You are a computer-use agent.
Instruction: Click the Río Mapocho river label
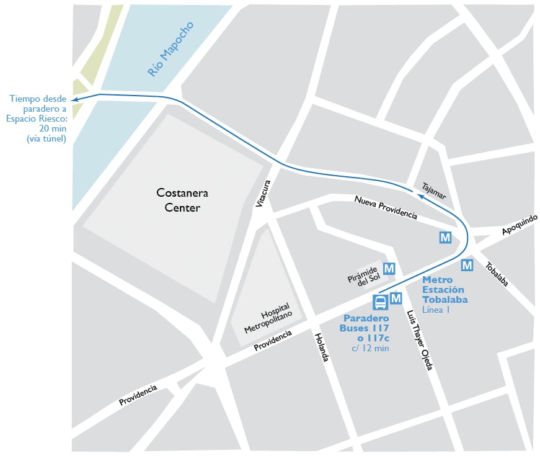[170, 50]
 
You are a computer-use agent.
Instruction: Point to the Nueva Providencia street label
[385, 206]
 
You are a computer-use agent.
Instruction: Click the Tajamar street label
[434, 189]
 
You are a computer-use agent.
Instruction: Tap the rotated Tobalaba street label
[497, 273]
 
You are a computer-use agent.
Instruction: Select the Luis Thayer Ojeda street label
[418, 341]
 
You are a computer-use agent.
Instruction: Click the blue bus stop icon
[380, 302]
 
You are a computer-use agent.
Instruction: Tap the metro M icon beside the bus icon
[396, 299]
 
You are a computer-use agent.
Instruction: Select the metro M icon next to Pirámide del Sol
[389, 269]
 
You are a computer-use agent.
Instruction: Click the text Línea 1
[436, 310]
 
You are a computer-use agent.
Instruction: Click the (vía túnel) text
[46, 138]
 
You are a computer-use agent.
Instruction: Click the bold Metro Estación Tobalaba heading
[445, 290]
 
